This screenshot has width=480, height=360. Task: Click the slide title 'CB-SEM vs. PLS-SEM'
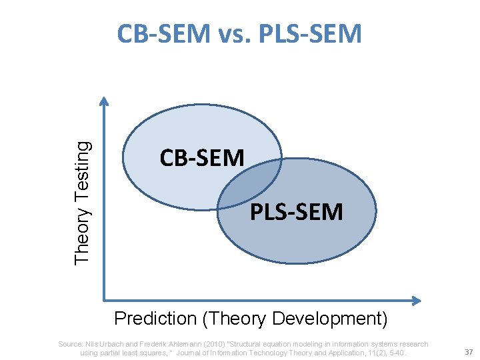[239, 34]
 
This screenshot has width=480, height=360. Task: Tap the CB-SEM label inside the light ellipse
[202, 157]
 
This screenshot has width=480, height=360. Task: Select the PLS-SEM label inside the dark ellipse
[297, 212]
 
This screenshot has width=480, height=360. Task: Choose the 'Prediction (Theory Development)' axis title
[251, 319]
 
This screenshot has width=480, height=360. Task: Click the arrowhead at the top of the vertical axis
[103, 100]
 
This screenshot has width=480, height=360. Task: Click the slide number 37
[468, 351]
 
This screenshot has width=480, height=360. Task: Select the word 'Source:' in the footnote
[70, 344]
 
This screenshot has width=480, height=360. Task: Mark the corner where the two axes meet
[104, 300]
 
